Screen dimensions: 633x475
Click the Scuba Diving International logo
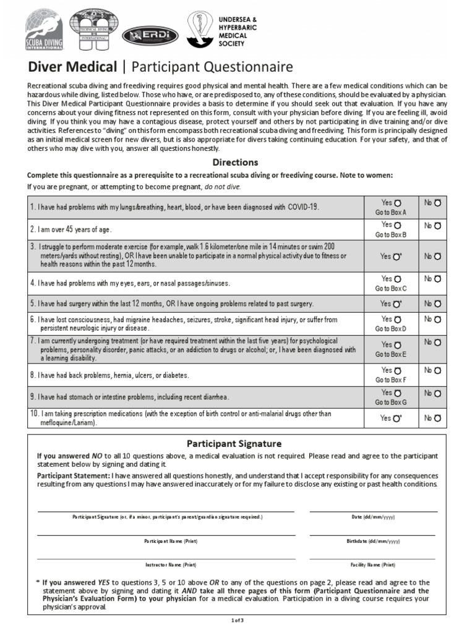(44, 30)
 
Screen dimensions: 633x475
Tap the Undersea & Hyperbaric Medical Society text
(237, 32)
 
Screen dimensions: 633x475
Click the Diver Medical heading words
(72, 67)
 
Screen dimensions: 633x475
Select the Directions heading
(235, 163)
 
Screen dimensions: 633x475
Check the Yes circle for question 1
(397, 203)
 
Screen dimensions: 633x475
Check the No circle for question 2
(438, 226)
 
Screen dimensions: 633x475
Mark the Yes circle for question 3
(397, 256)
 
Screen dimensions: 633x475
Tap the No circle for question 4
(438, 279)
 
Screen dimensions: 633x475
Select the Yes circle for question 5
(397, 304)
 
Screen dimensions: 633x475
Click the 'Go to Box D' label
(390, 329)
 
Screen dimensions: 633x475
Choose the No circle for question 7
(438, 342)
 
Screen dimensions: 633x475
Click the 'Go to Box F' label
(390, 380)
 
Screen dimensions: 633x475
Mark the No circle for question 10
(438, 418)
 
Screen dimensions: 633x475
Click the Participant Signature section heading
(234, 444)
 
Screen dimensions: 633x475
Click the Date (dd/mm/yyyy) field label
(373, 517)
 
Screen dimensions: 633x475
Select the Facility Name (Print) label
(373, 565)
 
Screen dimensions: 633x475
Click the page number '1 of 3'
(237, 619)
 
